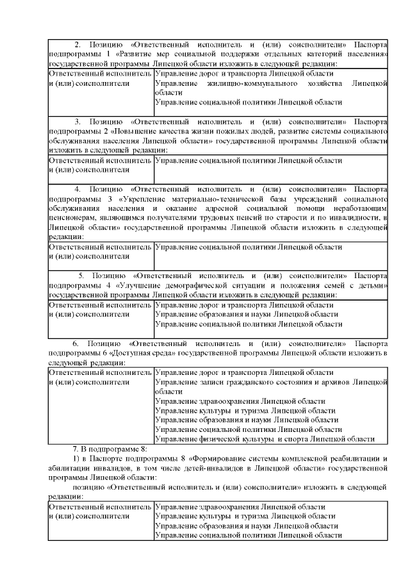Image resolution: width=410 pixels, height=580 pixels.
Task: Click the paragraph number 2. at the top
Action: pos(77,46)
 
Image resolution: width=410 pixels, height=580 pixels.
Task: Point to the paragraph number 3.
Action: pos(77,121)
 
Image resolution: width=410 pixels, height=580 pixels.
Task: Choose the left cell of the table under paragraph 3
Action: pos(101,165)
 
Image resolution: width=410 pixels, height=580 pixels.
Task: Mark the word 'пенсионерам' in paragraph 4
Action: pos(73,219)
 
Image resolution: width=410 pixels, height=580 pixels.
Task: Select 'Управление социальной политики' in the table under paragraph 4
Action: pos(249,247)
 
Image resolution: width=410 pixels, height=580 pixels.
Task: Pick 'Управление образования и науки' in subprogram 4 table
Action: pos(247,315)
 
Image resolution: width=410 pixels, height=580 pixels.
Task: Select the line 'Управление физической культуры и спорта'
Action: pos(265,439)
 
